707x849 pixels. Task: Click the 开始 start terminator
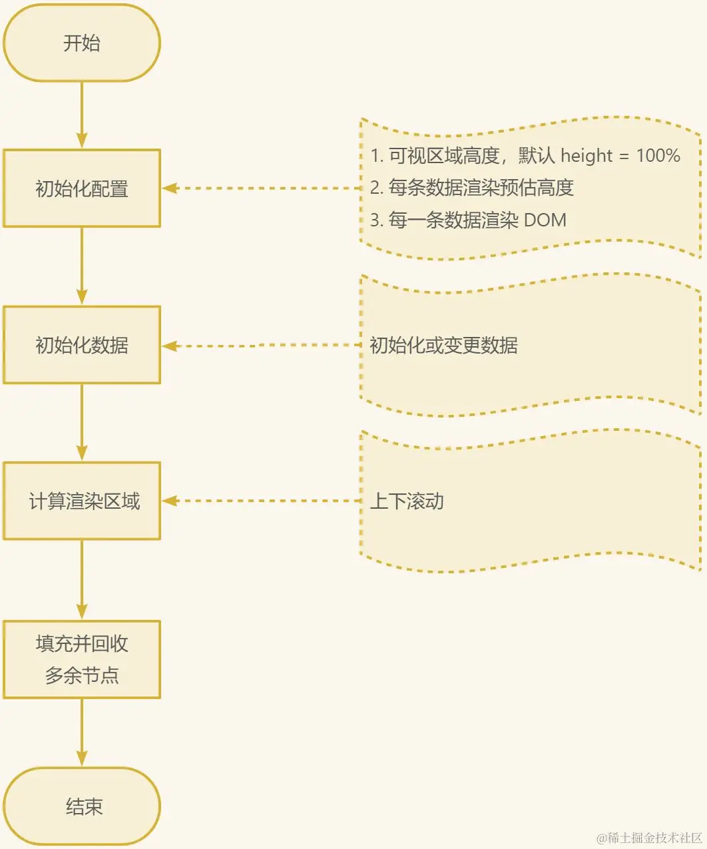[82, 43]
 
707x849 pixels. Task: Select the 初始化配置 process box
[82, 188]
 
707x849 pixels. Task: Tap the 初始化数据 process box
[82, 345]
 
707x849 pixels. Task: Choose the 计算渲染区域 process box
[82, 501]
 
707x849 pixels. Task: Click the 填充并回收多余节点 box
[82, 659]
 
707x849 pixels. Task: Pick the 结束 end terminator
[82, 806]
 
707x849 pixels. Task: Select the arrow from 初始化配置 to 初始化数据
[82, 266]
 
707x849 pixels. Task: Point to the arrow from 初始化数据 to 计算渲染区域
[82, 422]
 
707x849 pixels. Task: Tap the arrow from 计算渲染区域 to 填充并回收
[82, 579]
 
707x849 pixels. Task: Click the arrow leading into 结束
[82, 732]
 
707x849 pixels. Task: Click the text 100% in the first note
[658, 156]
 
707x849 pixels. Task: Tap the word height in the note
[586, 156]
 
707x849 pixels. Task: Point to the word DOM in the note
[545, 220]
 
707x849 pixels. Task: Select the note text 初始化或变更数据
[443, 345]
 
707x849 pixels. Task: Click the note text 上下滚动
[407, 501]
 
